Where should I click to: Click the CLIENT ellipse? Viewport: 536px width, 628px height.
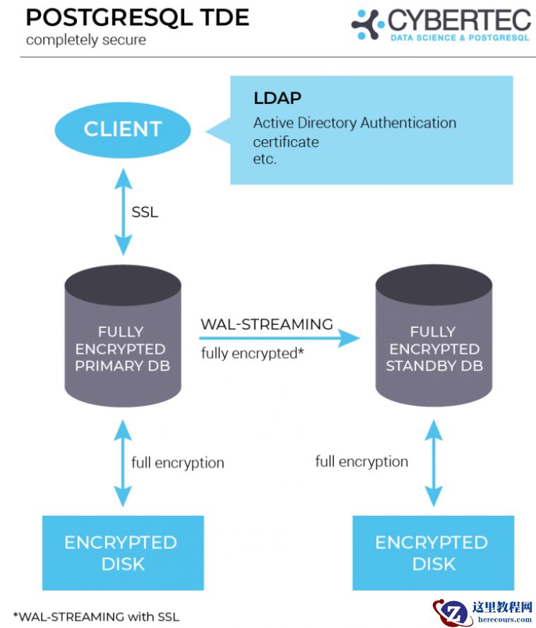pos(123,129)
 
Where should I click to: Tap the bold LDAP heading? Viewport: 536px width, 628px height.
pos(278,98)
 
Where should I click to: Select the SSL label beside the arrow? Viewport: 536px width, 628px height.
pos(145,211)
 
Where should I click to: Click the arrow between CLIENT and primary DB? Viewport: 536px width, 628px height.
pos(124,211)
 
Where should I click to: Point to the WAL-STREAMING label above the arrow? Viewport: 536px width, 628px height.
pos(266,324)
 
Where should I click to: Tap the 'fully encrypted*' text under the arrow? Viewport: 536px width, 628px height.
pos(252,353)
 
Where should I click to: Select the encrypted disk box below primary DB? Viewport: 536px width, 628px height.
pos(122,552)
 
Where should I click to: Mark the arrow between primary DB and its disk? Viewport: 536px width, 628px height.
pos(122,463)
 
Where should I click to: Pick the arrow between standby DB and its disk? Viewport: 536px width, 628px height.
pos(433,463)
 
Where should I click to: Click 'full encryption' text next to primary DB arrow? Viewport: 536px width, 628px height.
pos(177,463)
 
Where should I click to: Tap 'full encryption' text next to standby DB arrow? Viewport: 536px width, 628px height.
pos(362,461)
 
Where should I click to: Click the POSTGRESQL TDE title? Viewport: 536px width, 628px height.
pos(137,18)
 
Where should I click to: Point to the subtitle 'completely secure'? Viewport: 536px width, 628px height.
pos(86,40)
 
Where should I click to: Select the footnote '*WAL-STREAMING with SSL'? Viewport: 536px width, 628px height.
pos(96,616)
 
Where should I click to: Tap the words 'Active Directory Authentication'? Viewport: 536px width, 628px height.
pos(355,123)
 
